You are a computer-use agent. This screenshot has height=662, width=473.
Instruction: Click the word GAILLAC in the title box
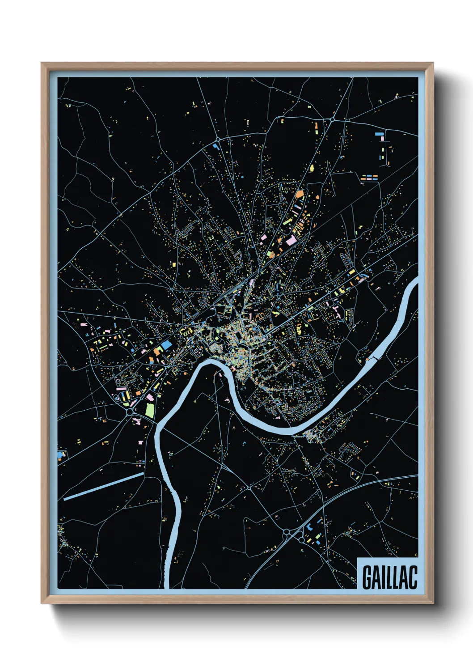click(x=389, y=577)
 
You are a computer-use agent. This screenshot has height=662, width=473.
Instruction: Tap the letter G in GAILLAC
click(x=367, y=577)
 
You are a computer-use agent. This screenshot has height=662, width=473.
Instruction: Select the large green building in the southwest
click(x=149, y=410)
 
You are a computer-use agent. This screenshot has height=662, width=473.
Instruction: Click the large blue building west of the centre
click(x=166, y=345)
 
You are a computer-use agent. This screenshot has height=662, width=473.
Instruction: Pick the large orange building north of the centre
click(x=299, y=195)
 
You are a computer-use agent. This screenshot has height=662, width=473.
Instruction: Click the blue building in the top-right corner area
click(x=380, y=134)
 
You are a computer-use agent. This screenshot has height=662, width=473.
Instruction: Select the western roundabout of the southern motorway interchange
click(x=287, y=532)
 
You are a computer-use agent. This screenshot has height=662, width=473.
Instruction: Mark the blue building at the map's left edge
click(x=60, y=455)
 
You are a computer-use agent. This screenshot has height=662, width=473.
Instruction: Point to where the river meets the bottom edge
click(x=167, y=587)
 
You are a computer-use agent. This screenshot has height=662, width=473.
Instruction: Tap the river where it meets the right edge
click(x=416, y=283)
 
